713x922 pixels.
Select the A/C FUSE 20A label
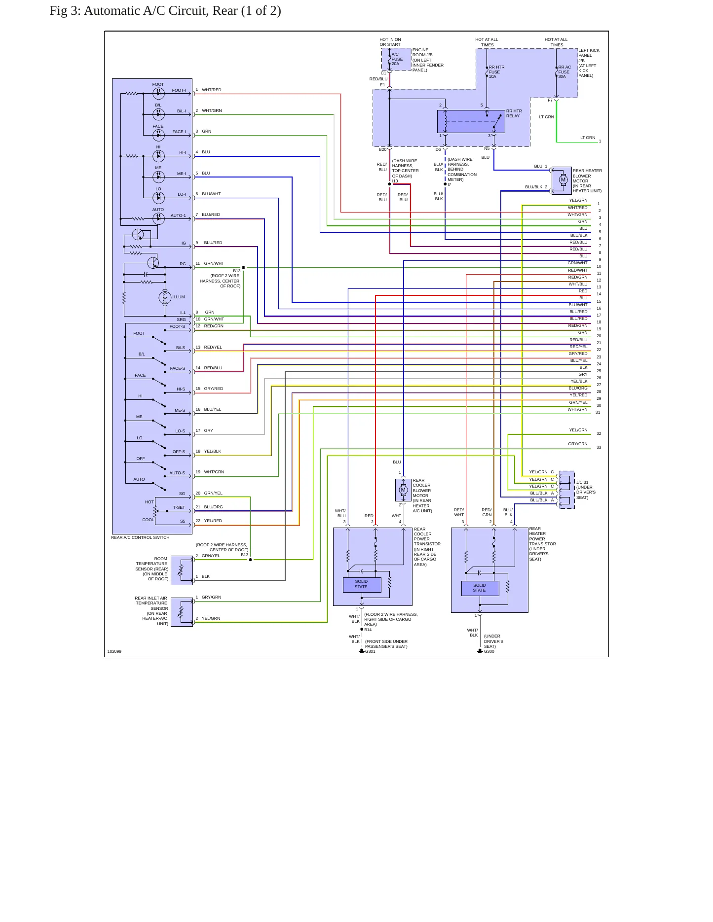point(397,59)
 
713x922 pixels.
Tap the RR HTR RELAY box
point(471,121)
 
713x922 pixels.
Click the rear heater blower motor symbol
point(563,179)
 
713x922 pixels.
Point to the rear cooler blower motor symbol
point(403,490)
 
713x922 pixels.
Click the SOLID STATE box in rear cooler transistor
point(362,584)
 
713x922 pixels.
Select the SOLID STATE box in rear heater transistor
point(480,588)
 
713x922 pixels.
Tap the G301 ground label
point(370,651)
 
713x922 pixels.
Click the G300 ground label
point(489,651)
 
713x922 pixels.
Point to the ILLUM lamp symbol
point(165,297)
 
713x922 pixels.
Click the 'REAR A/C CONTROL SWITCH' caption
point(140,537)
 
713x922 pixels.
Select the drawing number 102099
point(114,651)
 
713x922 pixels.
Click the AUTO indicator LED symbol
point(158,218)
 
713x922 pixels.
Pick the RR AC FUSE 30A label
point(564,72)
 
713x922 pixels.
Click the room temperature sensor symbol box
point(182,570)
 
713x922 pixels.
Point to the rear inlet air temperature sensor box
point(182,612)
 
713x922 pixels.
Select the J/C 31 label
point(582,482)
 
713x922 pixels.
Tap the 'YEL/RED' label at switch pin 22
point(213,521)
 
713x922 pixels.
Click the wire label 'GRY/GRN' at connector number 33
point(578,444)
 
